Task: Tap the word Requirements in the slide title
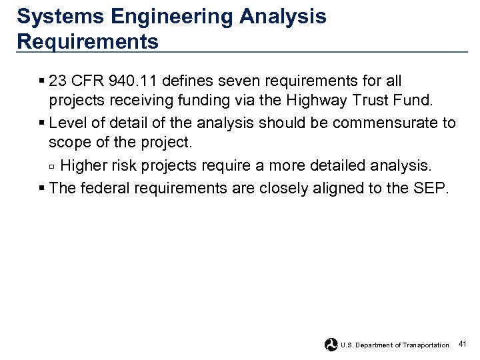(88, 41)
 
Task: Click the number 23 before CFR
(58, 81)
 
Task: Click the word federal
(106, 188)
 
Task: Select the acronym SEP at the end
(433, 188)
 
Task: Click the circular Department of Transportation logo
(331, 345)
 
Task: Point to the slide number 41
(463, 344)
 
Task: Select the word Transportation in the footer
(427, 345)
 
